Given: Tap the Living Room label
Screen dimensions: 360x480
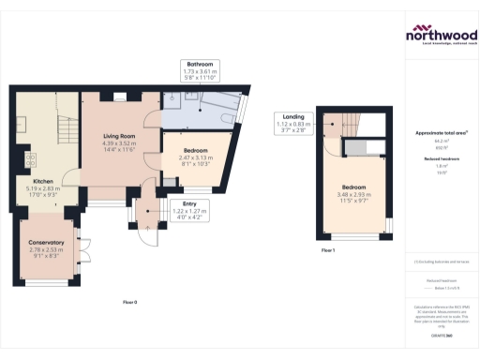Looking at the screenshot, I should [x=120, y=137].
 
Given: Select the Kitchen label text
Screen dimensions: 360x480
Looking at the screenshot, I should [x=44, y=180].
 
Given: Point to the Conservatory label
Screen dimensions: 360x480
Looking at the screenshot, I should [x=45, y=243].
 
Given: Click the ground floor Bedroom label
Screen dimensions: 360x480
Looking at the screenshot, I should [x=196, y=150].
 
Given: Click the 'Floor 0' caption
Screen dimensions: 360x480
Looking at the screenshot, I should [x=130, y=302].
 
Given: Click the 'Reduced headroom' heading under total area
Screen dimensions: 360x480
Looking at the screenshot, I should [x=441, y=160].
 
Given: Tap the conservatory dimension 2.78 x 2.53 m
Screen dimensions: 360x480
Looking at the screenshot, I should [x=45, y=250].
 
